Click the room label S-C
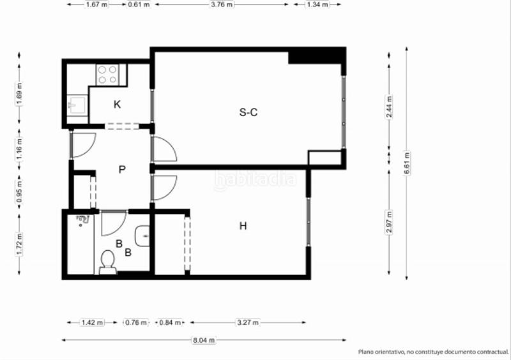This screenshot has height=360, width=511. click(248, 112)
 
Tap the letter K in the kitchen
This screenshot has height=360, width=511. click(118, 104)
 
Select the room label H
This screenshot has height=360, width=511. click(243, 225)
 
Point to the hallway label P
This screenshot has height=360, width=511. click(121, 169)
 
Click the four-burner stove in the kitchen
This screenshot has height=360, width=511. click(107, 75)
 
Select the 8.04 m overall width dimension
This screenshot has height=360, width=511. click(204, 340)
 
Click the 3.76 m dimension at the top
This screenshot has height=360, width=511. click(223, 4)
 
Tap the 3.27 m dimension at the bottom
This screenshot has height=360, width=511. click(247, 322)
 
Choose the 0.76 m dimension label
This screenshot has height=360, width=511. click(135, 322)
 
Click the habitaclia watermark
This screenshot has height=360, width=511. click(256, 180)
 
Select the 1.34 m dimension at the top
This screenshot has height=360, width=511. click(317, 4)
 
